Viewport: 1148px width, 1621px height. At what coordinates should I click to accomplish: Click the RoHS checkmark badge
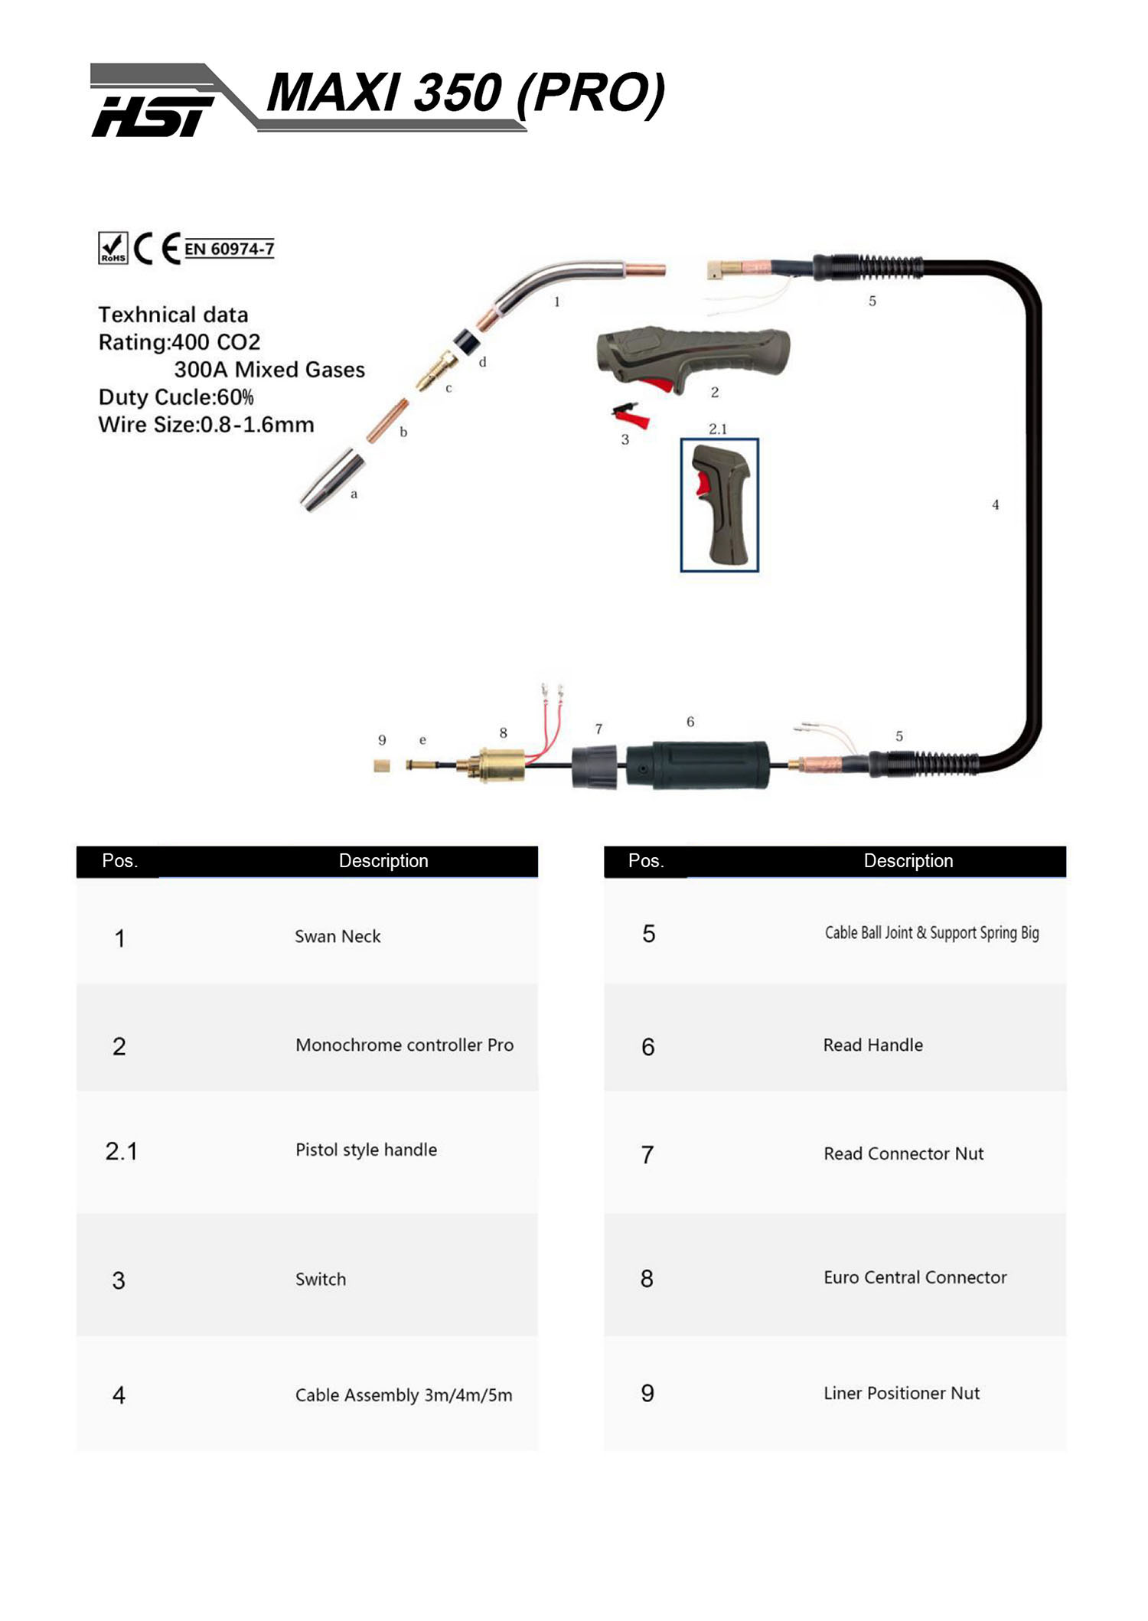pyautogui.click(x=113, y=248)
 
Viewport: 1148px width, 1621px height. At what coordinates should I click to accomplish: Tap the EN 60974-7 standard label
pyautogui.click(x=229, y=249)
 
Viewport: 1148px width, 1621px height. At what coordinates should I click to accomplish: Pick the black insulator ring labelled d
pyautogui.click(x=465, y=341)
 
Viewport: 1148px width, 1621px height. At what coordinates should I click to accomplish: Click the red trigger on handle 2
pyautogui.click(x=657, y=383)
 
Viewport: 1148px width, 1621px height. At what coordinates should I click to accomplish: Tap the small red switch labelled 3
pyautogui.click(x=632, y=416)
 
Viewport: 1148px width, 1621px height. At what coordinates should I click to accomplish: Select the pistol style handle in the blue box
pyautogui.click(x=719, y=505)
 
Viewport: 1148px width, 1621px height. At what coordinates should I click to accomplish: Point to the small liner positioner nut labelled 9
pyautogui.click(x=382, y=765)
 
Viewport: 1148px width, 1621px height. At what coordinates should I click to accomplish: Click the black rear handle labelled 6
pyautogui.click(x=698, y=765)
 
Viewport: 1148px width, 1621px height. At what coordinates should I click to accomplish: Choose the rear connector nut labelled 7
pyautogui.click(x=595, y=767)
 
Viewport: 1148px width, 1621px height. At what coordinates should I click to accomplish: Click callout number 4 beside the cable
pyautogui.click(x=995, y=505)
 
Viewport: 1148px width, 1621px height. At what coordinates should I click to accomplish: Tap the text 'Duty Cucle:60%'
pyautogui.click(x=176, y=397)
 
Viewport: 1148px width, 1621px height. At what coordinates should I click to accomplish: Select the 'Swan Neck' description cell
pyautogui.click(x=338, y=937)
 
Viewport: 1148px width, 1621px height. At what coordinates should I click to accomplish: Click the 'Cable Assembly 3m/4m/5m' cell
pyautogui.click(x=403, y=1395)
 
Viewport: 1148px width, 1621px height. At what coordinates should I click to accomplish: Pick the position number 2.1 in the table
pyautogui.click(x=121, y=1151)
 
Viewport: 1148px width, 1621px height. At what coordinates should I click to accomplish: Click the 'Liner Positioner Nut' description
pyautogui.click(x=902, y=1393)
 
